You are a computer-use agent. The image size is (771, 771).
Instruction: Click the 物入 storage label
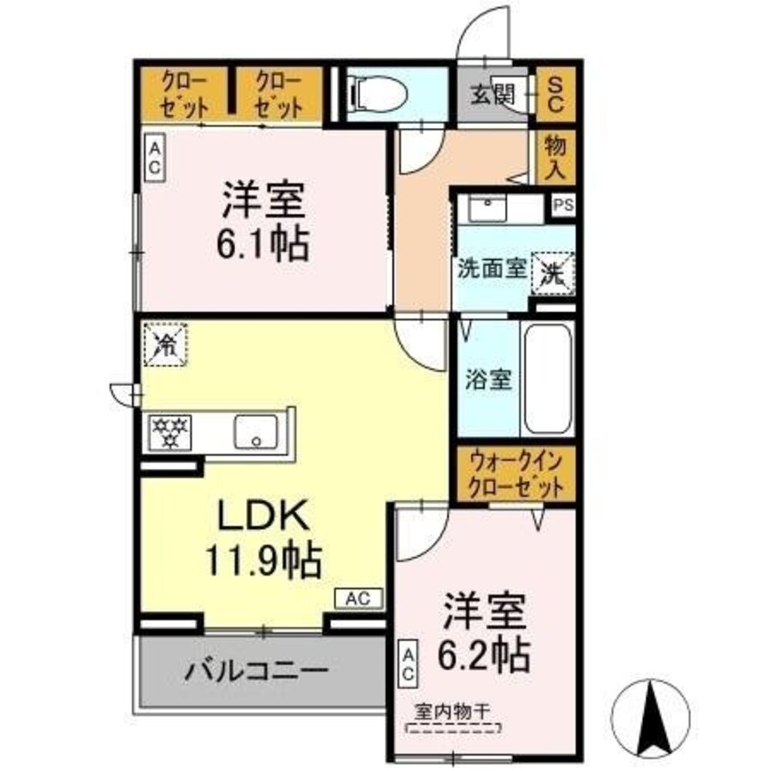(554, 158)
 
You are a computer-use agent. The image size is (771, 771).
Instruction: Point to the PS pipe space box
(564, 206)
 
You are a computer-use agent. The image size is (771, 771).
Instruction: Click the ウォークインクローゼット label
(513, 476)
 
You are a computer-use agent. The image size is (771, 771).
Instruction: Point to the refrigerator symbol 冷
(163, 342)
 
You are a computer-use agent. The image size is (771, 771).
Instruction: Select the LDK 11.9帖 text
(262, 540)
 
